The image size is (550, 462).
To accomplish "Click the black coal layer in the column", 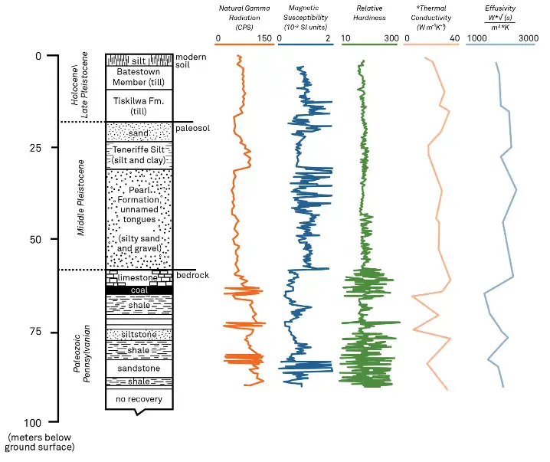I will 139,290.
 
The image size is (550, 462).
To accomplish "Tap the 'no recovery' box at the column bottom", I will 139,398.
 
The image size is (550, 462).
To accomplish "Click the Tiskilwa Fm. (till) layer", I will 139,106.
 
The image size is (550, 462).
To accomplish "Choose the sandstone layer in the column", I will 139,369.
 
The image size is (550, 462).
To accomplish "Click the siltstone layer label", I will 139,335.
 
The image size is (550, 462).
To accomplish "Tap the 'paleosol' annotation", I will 192,128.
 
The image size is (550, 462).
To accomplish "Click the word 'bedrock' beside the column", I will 192,275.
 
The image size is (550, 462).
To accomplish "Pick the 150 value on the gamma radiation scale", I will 265,38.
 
